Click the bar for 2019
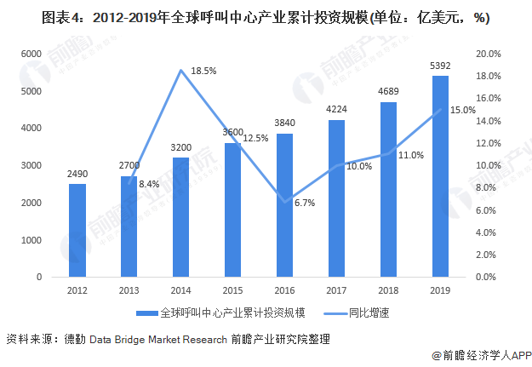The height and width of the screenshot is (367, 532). [x=440, y=176]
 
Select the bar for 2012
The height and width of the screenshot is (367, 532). [x=77, y=230]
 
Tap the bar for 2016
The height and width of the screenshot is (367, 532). [x=284, y=205]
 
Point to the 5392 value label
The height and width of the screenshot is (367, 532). [x=440, y=66]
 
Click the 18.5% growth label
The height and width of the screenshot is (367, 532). [x=205, y=72]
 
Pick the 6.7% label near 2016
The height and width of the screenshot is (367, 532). [x=304, y=203]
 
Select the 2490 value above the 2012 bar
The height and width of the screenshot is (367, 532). [x=77, y=174]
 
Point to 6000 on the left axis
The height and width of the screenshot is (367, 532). [x=31, y=54]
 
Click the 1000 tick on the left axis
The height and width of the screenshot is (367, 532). [x=31, y=240]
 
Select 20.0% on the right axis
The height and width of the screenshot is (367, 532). [x=489, y=54]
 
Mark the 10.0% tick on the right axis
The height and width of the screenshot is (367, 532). [x=489, y=165]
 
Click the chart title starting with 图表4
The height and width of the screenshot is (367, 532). [x=265, y=17]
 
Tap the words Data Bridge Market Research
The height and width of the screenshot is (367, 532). [x=157, y=338]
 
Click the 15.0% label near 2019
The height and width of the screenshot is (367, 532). [x=463, y=110]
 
